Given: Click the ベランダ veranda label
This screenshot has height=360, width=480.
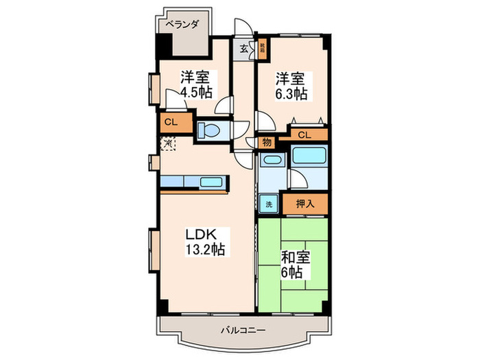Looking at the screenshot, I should tap(182, 25).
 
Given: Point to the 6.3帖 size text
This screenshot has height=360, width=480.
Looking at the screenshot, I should tap(291, 93).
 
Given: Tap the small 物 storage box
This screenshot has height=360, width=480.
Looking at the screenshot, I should tap(265, 143).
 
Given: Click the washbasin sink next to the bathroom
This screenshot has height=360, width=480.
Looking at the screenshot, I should tap(272, 162).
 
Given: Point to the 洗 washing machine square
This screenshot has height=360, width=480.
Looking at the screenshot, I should tap(269, 204).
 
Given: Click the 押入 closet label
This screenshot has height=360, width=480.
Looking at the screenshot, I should tap(304, 204).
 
